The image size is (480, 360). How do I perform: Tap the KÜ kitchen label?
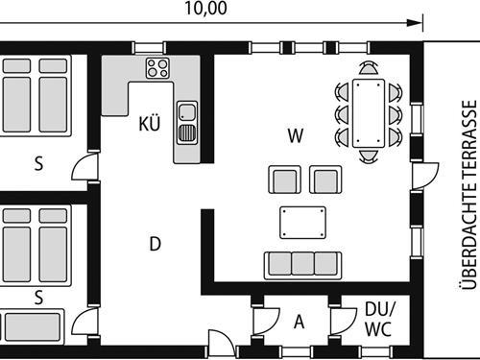click(x=149, y=124)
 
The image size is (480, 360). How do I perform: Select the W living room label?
click(x=295, y=135)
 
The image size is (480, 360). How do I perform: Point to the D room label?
click(x=154, y=244)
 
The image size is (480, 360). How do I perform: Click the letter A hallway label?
click(x=299, y=322)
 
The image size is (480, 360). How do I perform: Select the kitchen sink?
click(x=187, y=119)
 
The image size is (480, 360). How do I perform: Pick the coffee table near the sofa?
click(x=302, y=223)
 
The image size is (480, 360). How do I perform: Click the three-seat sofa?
click(x=302, y=264)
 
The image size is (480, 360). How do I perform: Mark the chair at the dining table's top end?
click(x=369, y=68)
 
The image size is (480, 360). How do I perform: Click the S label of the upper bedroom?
click(x=38, y=163)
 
